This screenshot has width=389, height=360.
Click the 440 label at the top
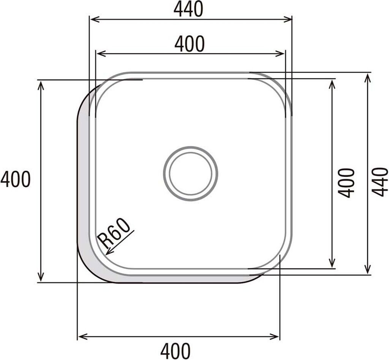188,9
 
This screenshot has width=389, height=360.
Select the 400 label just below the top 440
190,44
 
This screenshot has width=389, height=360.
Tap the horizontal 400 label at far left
15,179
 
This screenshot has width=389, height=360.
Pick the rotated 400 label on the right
346,179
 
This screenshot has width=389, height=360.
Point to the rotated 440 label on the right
380,179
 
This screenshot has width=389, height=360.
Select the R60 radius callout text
114,233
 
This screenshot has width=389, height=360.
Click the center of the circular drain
191,174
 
